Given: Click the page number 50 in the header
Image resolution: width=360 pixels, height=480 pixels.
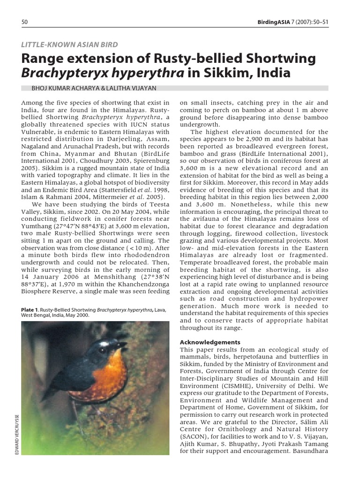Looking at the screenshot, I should pos(25,22).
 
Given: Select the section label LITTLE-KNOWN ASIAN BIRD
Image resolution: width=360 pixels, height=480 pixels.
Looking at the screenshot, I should pos(70,45).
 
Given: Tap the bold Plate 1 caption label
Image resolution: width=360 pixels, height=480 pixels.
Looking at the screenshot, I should pos(30,310).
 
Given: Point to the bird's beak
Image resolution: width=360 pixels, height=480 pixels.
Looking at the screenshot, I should pos(123,346).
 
